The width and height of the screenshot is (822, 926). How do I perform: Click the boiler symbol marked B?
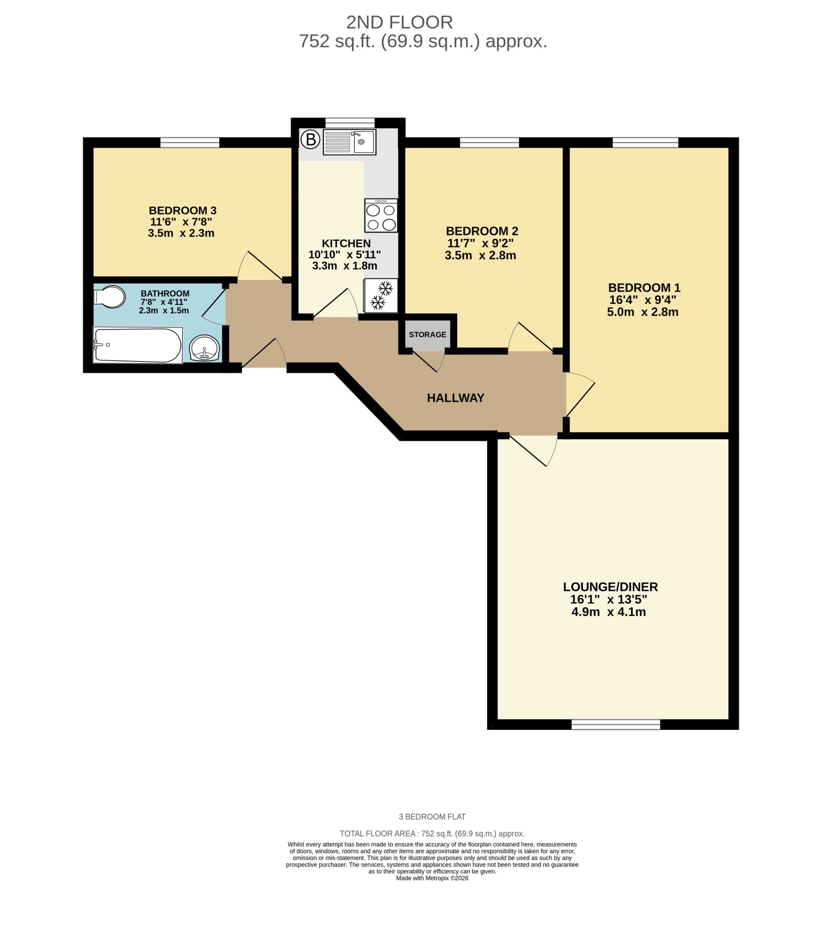(311, 140)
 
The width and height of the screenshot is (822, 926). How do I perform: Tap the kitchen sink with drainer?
(349, 142)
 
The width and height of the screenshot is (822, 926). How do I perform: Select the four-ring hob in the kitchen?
(381, 216)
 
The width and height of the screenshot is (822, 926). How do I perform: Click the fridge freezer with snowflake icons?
(381, 295)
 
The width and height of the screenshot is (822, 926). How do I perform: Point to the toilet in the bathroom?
(110, 297)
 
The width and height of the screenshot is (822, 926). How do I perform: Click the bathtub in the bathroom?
(138, 346)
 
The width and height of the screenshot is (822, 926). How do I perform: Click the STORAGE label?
(428, 335)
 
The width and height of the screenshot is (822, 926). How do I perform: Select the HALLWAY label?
(456, 398)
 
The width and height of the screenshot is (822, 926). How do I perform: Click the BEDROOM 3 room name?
(182, 210)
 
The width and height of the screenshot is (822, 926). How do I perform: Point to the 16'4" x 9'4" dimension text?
(643, 300)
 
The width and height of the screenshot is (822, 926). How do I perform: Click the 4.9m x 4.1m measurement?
(609, 612)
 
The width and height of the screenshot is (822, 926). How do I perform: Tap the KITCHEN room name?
(346, 244)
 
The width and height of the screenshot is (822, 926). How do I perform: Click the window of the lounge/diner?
(616, 724)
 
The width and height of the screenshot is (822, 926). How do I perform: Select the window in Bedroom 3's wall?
(190, 142)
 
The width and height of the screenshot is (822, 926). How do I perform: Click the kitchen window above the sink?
(350, 123)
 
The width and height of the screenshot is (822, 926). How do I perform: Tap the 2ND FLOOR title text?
(400, 22)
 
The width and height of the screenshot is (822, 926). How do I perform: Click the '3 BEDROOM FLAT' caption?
(432, 817)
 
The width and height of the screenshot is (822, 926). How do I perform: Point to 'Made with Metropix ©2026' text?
(432, 878)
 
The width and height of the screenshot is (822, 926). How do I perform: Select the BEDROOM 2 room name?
(482, 231)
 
